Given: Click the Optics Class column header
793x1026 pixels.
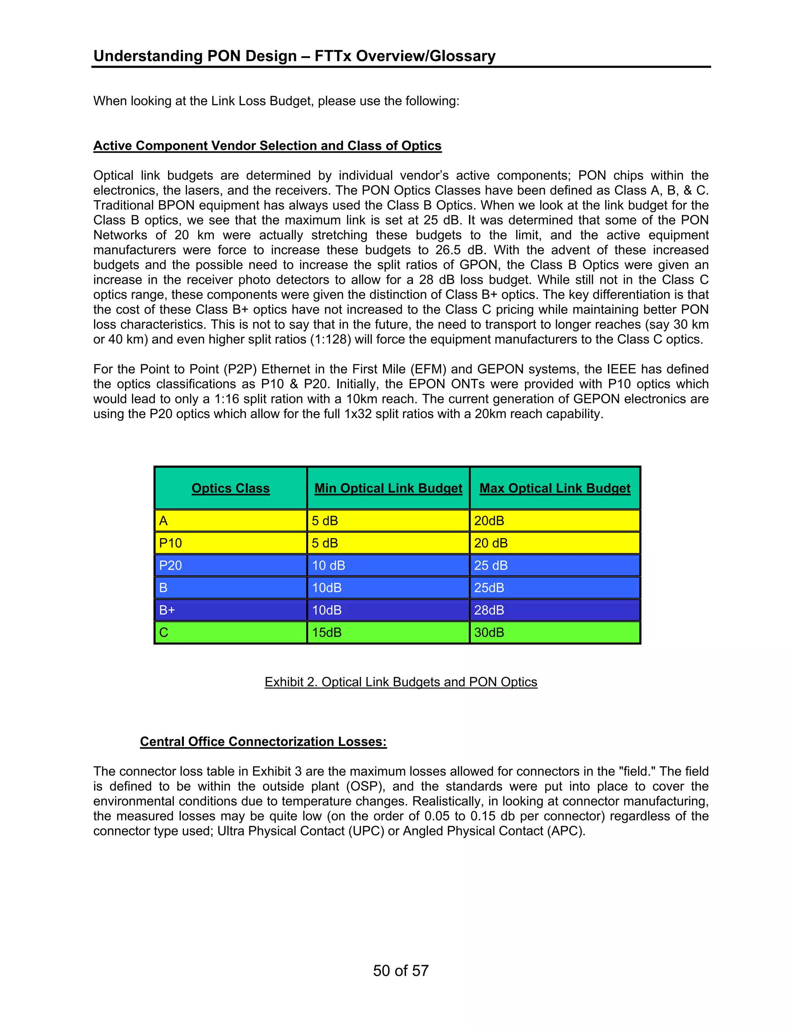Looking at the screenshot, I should coord(231,488).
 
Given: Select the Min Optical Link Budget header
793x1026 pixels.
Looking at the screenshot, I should coord(388,488).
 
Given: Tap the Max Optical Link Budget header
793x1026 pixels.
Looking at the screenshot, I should coord(555,488).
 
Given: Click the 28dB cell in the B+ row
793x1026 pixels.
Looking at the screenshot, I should coord(489,610).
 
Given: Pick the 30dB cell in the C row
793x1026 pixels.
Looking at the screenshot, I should coord(489,632).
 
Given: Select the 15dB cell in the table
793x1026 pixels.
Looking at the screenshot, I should coord(326,632).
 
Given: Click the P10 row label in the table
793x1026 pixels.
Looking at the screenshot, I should coord(170,543).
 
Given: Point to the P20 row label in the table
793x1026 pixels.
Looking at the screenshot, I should coord(170,566).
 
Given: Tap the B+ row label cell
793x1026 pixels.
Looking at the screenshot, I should coord(167,610).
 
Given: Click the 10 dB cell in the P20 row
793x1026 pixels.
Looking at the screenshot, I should coord(328,566).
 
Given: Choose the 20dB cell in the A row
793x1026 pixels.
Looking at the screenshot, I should coord(489,521).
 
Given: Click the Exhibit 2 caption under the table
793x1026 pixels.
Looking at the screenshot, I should coord(401,682).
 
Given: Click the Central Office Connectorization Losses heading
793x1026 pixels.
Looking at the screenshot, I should coord(263,742).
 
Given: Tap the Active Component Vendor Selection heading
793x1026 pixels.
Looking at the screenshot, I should coord(267,146).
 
